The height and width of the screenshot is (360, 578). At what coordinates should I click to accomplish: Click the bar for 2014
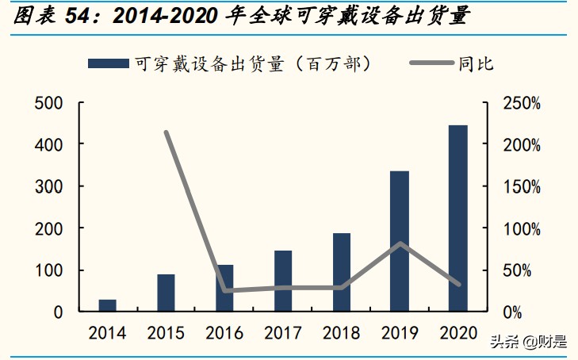(x=107, y=305)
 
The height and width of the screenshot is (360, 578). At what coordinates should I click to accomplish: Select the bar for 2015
(x=166, y=293)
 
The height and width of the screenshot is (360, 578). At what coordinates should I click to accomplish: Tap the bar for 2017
(x=283, y=281)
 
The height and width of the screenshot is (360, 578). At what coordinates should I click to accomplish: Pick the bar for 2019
(x=400, y=241)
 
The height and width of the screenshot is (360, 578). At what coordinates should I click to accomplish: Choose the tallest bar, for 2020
(x=458, y=218)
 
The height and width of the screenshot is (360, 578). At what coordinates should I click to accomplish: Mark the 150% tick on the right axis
(x=522, y=187)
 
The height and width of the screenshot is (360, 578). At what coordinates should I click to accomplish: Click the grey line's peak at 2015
(x=166, y=132)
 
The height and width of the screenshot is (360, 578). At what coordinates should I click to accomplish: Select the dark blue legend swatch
(x=107, y=63)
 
